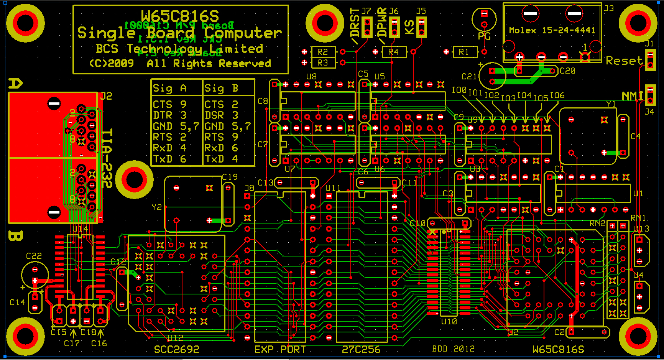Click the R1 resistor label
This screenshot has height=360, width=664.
[x=463, y=52]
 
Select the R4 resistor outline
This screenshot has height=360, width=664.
[x=394, y=52]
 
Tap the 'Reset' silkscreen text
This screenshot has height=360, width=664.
[x=624, y=61]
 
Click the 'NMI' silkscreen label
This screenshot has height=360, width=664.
[x=632, y=96]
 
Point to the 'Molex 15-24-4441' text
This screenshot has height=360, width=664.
[x=552, y=30]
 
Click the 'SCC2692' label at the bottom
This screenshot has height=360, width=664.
[x=177, y=349]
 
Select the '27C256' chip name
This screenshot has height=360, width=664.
[x=361, y=349]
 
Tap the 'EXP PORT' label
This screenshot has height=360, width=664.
[x=280, y=349]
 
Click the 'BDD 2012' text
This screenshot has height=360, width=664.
[x=453, y=348]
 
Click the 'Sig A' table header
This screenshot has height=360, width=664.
[x=169, y=89]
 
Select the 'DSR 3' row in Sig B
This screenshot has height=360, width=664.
[x=222, y=115]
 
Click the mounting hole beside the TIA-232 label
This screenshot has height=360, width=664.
[x=134, y=179]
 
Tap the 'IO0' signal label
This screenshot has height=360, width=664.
[x=459, y=90]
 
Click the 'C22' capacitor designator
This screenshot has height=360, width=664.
[x=34, y=256]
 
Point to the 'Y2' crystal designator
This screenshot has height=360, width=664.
[x=156, y=207]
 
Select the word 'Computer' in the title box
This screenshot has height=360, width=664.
[x=243, y=33]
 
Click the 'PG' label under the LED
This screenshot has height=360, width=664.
[x=484, y=36]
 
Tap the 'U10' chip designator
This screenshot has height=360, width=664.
[x=449, y=321]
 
